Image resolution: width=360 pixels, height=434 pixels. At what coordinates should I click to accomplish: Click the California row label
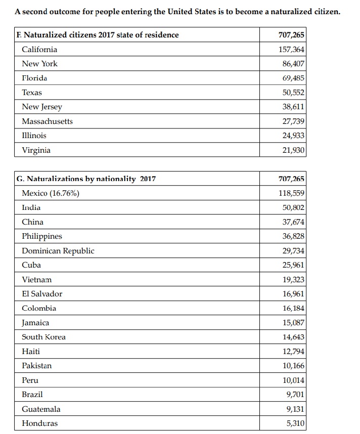pos(39,50)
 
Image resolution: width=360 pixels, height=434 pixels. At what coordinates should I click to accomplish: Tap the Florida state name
pos(34,78)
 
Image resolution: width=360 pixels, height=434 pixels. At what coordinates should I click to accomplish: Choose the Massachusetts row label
pos(47,121)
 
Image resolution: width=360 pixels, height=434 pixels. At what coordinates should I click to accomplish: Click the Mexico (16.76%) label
pos(50,193)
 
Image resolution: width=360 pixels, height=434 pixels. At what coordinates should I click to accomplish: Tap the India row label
pos(31,207)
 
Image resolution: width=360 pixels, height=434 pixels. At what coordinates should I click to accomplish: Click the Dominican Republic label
pos(58,251)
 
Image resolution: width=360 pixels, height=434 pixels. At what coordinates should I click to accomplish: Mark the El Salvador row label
pos(42,294)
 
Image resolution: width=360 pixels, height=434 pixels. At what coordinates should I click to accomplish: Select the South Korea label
pos(43,337)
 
